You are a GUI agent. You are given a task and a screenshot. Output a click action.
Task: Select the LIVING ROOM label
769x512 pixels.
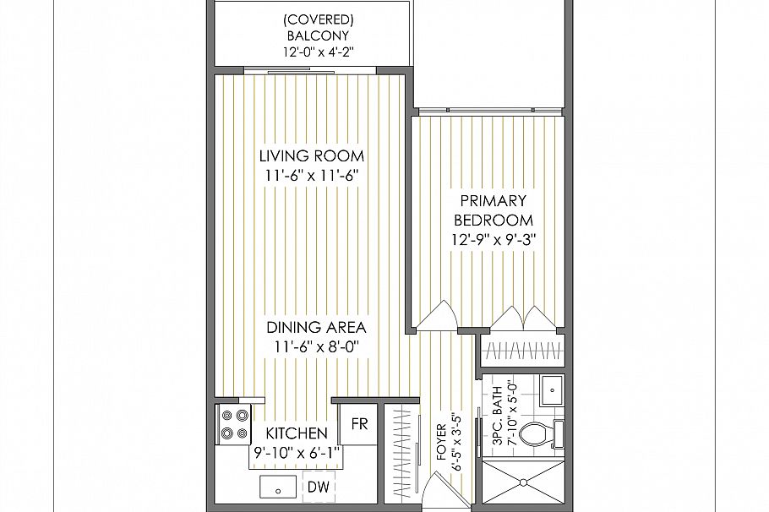(311, 155)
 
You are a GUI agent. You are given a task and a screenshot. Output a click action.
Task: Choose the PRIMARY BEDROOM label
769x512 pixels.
(493, 210)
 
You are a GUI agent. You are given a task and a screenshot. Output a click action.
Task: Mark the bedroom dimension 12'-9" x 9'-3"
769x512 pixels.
(493, 239)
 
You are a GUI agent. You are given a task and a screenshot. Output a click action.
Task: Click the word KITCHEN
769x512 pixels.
(297, 435)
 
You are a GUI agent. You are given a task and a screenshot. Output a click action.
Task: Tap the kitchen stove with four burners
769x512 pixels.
(234, 423)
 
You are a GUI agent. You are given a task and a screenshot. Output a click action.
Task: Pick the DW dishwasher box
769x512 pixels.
(318, 487)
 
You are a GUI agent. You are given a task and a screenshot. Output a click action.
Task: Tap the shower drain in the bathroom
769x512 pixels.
(523, 484)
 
